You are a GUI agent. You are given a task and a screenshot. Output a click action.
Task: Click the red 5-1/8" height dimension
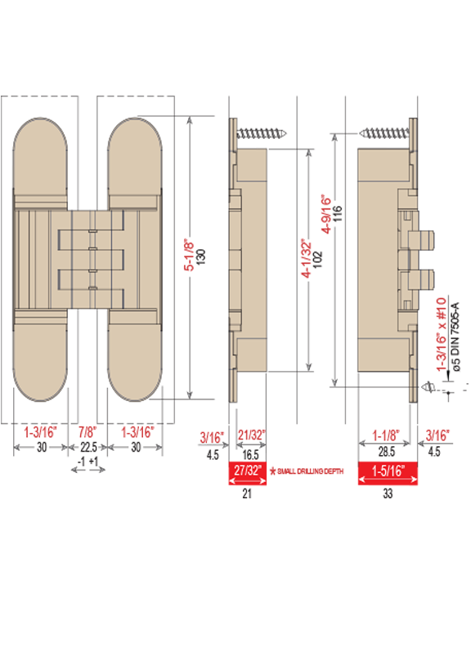point(189,256)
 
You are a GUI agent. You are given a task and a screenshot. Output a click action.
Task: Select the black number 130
point(201,257)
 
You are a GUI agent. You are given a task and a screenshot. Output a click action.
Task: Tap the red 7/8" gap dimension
point(87,432)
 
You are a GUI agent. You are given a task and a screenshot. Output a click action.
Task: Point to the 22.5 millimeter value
point(88,448)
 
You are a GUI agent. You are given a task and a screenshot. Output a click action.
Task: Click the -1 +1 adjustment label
point(88,462)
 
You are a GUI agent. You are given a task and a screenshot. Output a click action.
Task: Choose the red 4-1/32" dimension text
point(306,258)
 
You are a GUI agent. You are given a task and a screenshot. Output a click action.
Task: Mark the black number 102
point(318,260)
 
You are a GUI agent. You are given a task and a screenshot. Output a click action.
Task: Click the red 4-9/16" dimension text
point(326,214)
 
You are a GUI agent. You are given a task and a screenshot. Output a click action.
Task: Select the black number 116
point(338,213)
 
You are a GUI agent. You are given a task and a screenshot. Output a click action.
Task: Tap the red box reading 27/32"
point(248,473)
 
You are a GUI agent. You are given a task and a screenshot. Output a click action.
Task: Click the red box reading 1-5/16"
point(388,473)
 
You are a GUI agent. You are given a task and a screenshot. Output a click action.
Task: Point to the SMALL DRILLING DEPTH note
point(310,471)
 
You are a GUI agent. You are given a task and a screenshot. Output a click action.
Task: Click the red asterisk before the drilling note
point(272,471)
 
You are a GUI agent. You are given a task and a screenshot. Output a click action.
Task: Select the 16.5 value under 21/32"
point(250,455)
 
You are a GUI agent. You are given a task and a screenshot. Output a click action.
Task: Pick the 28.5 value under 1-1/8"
point(386,452)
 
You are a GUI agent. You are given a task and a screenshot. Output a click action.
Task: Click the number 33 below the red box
point(388,493)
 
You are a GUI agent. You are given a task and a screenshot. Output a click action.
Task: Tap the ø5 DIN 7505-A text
point(455,337)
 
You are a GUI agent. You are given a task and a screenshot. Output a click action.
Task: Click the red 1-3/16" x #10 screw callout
point(442,334)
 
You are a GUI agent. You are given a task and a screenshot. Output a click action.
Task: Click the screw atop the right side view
point(384,133)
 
